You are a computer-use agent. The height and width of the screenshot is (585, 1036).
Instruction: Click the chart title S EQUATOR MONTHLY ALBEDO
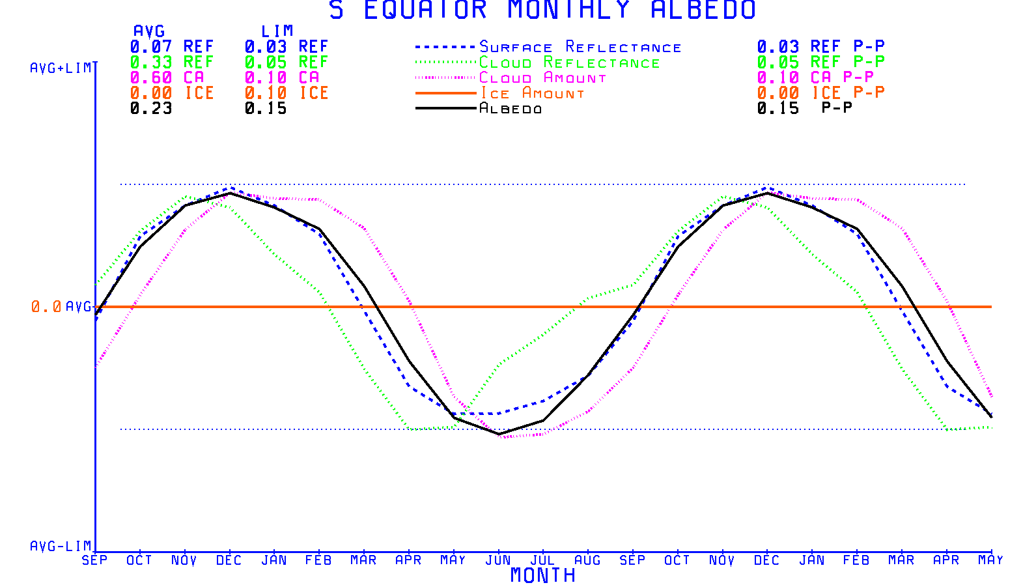[542, 10]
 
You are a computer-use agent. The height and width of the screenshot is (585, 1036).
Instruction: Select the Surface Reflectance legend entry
[580, 47]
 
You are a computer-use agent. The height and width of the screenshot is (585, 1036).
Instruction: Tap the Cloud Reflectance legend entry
[569, 63]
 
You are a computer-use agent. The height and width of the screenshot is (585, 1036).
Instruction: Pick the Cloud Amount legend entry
[542, 78]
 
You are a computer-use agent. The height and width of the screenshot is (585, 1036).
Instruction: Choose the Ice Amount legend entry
[532, 94]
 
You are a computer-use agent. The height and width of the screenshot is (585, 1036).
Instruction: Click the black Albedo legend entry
[511, 109]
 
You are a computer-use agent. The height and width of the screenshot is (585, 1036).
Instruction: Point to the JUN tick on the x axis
[498, 560]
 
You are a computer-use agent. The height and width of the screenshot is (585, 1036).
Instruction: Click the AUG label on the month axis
[587, 560]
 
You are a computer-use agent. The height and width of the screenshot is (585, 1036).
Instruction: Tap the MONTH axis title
[542, 575]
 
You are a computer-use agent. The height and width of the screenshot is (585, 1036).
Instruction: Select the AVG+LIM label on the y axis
[61, 68]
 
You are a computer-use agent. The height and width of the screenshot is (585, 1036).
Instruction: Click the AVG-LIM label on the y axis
[61, 546]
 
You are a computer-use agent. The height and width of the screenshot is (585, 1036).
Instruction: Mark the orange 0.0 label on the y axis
[46, 307]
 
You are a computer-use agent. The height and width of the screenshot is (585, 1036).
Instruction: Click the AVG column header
[149, 31]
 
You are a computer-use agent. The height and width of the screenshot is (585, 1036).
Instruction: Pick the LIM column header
[277, 31]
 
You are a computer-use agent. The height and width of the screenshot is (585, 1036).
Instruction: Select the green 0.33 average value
[151, 63]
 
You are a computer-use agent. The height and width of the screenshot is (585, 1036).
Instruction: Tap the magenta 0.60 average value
[151, 78]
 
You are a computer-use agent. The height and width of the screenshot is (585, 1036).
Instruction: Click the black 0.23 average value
[151, 109]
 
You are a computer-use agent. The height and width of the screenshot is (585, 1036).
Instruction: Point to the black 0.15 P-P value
[778, 109]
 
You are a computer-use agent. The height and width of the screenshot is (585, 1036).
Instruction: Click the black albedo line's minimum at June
[499, 434]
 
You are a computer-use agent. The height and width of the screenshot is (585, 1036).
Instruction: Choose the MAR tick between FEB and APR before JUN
[363, 560]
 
